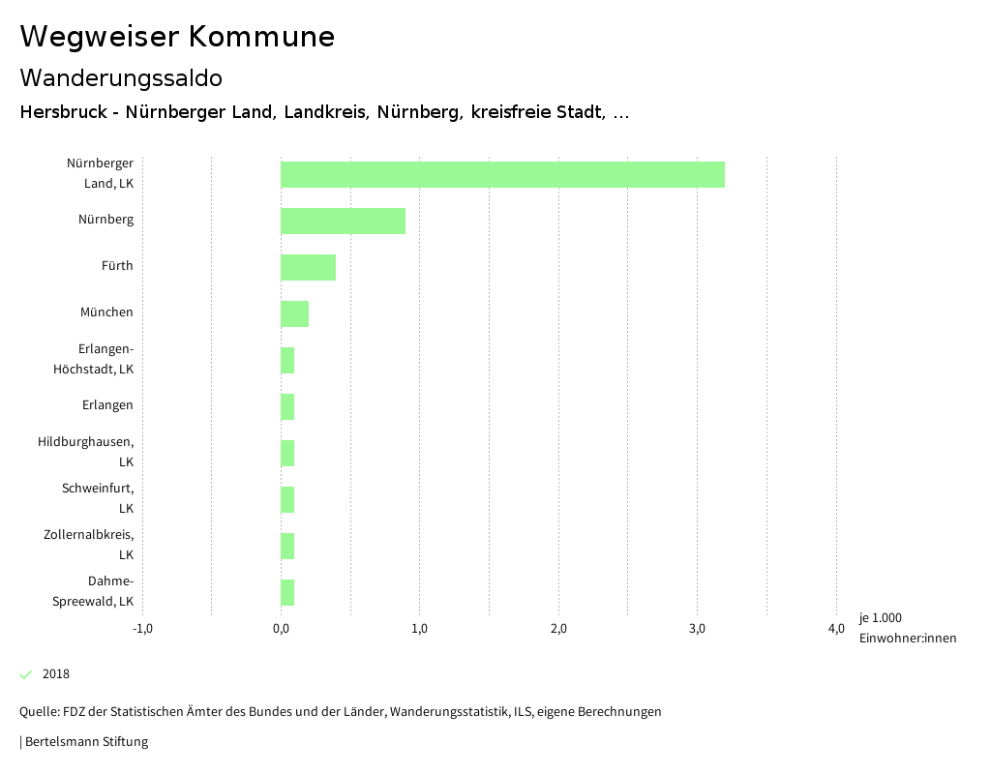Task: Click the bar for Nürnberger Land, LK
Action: click(502, 174)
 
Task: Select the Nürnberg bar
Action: click(343, 221)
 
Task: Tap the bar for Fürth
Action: click(308, 267)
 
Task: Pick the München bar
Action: click(294, 313)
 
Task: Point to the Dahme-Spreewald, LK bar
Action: click(287, 592)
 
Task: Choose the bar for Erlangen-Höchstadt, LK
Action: click(287, 360)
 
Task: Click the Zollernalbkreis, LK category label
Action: click(88, 545)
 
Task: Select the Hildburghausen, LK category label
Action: click(85, 452)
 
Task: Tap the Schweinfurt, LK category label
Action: click(98, 498)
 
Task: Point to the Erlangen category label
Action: click(107, 405)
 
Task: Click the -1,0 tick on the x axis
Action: click(142, 629)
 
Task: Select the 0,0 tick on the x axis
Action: click(281, 629)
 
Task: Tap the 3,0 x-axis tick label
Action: click(697, 629)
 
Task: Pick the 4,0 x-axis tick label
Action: click(836, 629)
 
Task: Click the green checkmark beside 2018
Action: click(26, 674)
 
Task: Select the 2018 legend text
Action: click(56, 674)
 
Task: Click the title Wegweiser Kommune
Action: click(177, 37)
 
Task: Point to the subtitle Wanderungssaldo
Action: click(121, 77)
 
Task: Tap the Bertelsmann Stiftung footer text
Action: click(86, 742)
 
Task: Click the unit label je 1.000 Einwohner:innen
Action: click(907, 628)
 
